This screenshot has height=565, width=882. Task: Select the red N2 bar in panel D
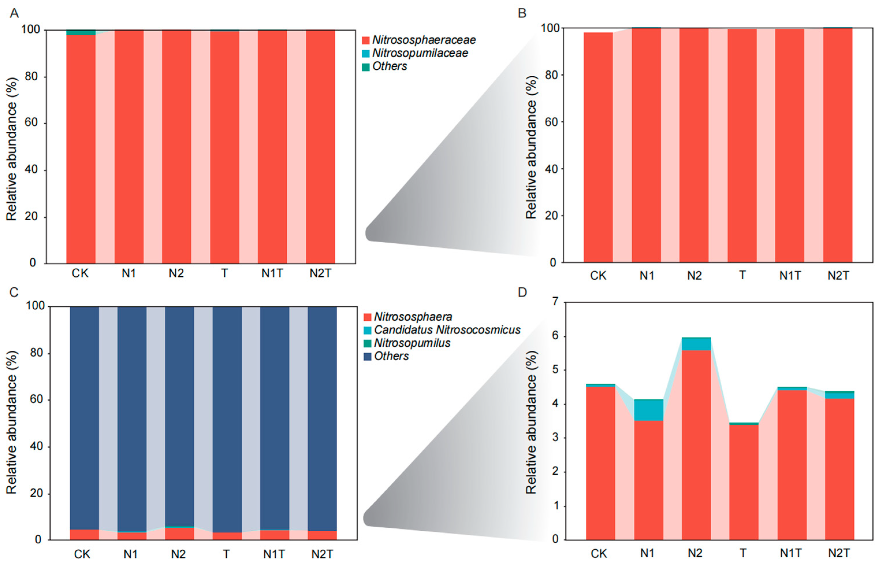696,444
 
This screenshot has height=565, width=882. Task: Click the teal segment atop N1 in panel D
648,409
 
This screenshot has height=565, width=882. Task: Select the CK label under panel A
80,273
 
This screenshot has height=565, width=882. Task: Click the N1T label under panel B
790,275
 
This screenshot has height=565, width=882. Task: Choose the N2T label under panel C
322,554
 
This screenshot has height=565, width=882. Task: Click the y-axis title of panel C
12,422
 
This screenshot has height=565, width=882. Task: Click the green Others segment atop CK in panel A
81,33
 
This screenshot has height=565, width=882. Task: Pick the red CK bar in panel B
598,147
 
